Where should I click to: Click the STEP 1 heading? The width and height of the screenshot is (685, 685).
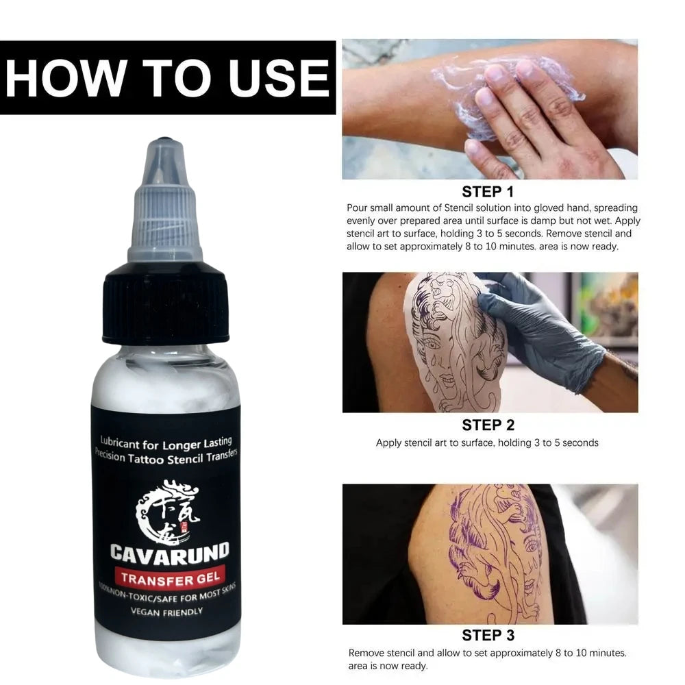[487, 191]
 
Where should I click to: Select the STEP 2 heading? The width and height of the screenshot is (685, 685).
[487, 425]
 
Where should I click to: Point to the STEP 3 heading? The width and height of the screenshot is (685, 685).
[487, 635]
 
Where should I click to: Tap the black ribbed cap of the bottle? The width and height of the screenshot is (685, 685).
[166, 305]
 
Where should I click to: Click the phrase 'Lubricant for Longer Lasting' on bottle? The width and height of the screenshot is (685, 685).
[166, 442]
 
